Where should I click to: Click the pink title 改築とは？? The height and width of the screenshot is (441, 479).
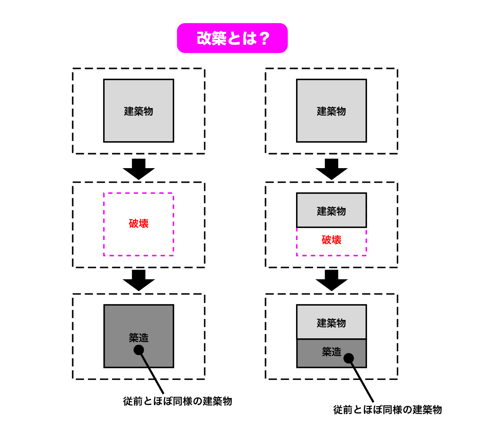[x=232, y=38]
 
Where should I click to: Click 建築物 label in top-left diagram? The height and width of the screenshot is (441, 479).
[x=139, y=111]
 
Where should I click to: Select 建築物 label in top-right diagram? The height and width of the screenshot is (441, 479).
[x=331, y=111]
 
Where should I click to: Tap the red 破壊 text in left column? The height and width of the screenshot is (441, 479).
[x=139, y=223]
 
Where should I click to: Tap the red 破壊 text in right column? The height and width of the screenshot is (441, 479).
[x=331, y=240]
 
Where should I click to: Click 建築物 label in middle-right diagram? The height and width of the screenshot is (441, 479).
[x=331, y=211]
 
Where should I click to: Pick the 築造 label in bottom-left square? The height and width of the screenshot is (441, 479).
[x=139, y=338]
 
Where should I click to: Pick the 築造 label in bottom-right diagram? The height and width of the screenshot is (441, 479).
[x=331, y=352]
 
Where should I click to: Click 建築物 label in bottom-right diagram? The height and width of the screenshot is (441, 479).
[x=331, y=323]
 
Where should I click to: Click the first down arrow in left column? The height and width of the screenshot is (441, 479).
[x=139, y=169]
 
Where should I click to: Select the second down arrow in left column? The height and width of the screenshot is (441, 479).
[x=139, y=280]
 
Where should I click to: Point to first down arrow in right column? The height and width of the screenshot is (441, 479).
[x=331, y=169]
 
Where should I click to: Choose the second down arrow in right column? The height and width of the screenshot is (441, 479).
[x=331, y=280]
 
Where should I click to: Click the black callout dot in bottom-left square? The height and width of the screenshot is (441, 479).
[x=139, y=350]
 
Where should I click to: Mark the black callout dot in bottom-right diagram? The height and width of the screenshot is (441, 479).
[x=349, y=358]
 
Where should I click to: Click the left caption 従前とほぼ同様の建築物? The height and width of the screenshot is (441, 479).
[x=177, y=401]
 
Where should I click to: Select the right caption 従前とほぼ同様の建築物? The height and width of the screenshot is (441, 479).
[x=387, y=410]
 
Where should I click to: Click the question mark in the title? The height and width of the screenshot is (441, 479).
[x=264, y=39]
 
